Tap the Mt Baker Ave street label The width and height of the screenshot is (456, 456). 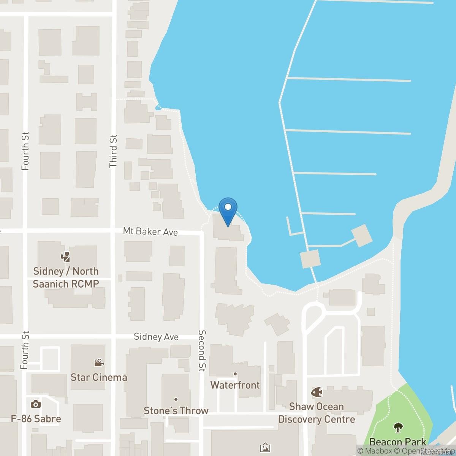pyautogui.click(x=150, y=231)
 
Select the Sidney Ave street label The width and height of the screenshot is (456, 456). pyautogui.click(x=156, y=337)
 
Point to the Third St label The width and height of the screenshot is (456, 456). pyautogui.click(x=113, y=151)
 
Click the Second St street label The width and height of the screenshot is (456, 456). pyautogui.click(x=202, y=350)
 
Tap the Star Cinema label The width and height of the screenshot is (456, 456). pyautogui.click(x=99, y=377)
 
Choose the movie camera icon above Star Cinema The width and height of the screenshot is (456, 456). pyautogui.click(x=99, y=363)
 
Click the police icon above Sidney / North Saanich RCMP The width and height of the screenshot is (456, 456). pyautogui.click(x=66, y=257)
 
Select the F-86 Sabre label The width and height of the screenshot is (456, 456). pyautogui.click(x=36, y=419)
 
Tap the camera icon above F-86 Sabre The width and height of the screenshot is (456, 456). pyautogui.click(x=36, y=404)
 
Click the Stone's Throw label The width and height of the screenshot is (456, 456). pyautogui.click(x=176, y=410)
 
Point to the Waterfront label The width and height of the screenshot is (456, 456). pyautogui.click(x=235, y=385)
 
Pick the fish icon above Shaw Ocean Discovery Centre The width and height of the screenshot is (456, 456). pyautogui.click(x=316, y=392)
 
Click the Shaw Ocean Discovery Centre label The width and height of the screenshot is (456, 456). pyautogui.click(x=317, y=413)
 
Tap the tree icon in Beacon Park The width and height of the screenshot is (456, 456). pyautogui.click(x=398, y=427)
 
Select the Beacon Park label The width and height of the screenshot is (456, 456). pyautogui.click(x=398, y=442)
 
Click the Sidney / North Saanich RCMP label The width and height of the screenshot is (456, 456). pyautogui.click(x=66, y=277)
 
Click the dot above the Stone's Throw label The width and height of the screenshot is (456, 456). pyautogui.click(x=176, y=399)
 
